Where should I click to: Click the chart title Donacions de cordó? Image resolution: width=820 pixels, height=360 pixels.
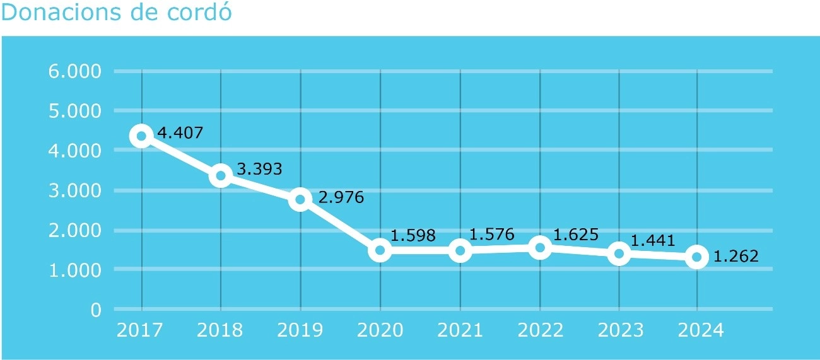(x=117, y=13)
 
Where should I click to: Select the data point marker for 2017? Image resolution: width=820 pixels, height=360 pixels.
(x=141, y=136)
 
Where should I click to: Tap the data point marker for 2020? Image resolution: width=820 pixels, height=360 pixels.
(x=380, y=250)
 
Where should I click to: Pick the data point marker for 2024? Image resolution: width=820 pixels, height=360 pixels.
(x=697, y=257)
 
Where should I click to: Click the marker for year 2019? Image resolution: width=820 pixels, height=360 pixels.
(x=300, y=200)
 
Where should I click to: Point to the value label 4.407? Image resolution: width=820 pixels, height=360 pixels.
(x=180, y=134)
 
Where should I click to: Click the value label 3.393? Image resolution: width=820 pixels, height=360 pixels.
(x=259, y=169)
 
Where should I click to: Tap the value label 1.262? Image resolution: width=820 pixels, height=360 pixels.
(x=735, y=257)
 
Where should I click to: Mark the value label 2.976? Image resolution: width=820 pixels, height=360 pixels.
(x=341, y=197)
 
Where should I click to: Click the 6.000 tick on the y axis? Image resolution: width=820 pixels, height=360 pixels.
(x=74, y=71)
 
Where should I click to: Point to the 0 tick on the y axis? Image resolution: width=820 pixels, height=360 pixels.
(x=96, y=310)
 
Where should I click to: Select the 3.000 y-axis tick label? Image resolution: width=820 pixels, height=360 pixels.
(x=74, y=190)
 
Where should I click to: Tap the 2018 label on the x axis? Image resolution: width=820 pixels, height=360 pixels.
(x=220, y=330)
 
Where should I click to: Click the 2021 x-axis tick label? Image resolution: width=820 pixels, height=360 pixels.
(x=459, y=330)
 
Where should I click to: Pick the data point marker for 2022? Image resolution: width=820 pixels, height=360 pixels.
(x=540, y=248)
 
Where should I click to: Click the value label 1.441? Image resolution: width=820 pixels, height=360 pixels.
(x=653, y=240)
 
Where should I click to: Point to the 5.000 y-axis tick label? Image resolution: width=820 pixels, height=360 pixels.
(x=74, y=111)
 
